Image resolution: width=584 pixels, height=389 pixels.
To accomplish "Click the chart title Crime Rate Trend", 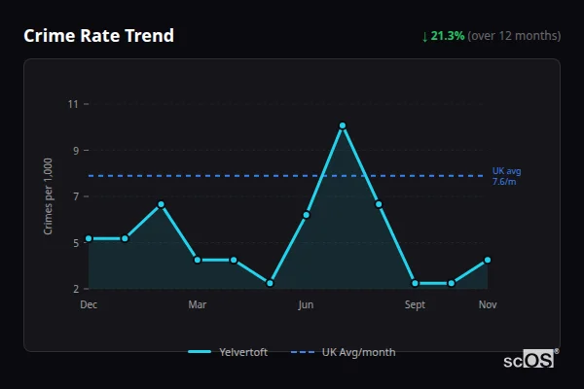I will click(x=98, y=36).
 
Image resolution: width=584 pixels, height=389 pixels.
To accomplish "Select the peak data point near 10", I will click(x=343, y=125).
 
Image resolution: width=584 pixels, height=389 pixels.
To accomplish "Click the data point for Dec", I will click(x=89, y=238).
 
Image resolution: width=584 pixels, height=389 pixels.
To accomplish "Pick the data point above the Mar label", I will click(x=198, y=260).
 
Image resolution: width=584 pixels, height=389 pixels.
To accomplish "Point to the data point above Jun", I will click(x=306, y=215).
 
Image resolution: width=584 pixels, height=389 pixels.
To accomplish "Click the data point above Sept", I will click(x=416, y=283).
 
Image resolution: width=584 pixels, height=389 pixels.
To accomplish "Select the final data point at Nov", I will click(x=488, y=260).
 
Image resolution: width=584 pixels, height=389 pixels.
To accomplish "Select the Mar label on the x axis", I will click(x=198, y=305).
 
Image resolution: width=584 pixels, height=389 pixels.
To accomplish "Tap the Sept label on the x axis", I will click(x=416, y=305).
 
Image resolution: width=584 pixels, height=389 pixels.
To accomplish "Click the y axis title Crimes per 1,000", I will click(x=49, y=196).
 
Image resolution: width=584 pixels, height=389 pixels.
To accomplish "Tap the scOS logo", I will click(x=529, y=360).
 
